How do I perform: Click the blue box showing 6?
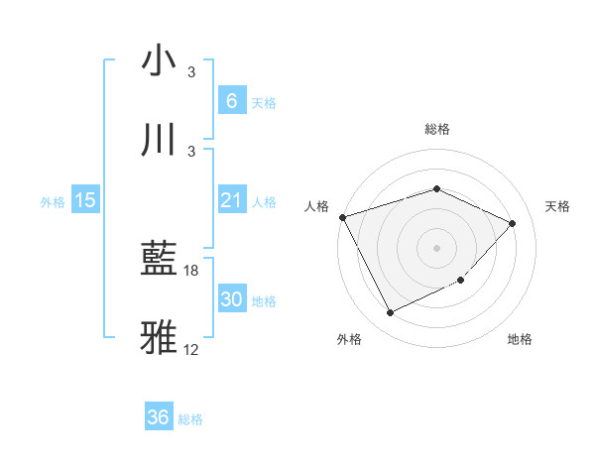point(231,101)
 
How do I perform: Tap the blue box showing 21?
point(231,200)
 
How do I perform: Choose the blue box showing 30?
point(231,299)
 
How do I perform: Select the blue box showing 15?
point(85,200)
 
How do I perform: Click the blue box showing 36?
point(159,417)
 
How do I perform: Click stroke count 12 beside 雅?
point(191,349)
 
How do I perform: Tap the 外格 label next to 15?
point(53,201)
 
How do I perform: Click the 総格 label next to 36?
point(190,419)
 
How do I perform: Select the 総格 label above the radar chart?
point(436,129)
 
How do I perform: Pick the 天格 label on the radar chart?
point(557,206)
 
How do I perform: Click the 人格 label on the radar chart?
point(317,206)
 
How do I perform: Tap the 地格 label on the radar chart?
point(520,339)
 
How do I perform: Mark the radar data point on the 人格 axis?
point(342,217)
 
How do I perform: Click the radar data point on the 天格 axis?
point(512,223)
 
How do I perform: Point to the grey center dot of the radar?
point(436,247)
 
